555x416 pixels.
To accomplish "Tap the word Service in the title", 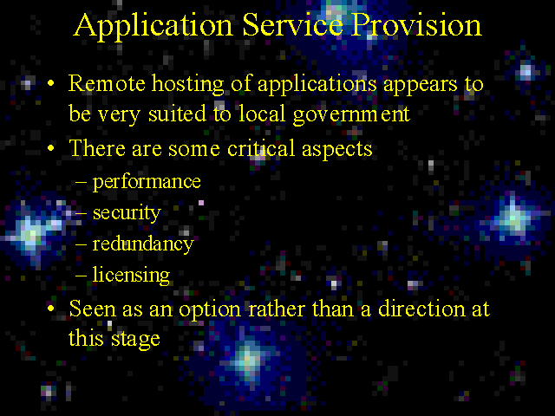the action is [292, 25].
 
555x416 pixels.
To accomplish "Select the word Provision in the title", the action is [416, 25].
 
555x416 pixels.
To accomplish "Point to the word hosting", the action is [188, 86].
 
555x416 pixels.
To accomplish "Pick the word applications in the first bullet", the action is [317, 86].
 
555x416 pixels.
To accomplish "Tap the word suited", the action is [177, 114].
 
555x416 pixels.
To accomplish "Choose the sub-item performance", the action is [147, 183].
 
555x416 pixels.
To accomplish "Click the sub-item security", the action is [127, 214].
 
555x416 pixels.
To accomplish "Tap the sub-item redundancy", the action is [143, 244].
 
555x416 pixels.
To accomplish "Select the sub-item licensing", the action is [131, 276].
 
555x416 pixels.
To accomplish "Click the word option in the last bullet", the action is [210, 310].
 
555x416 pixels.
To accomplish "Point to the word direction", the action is [421, 309].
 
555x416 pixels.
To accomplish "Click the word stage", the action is [135, 340].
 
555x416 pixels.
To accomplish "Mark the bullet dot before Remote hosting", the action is [51, 83].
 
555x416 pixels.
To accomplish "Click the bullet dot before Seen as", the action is [51, 309].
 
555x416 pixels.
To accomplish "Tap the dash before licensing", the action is [81, 275].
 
